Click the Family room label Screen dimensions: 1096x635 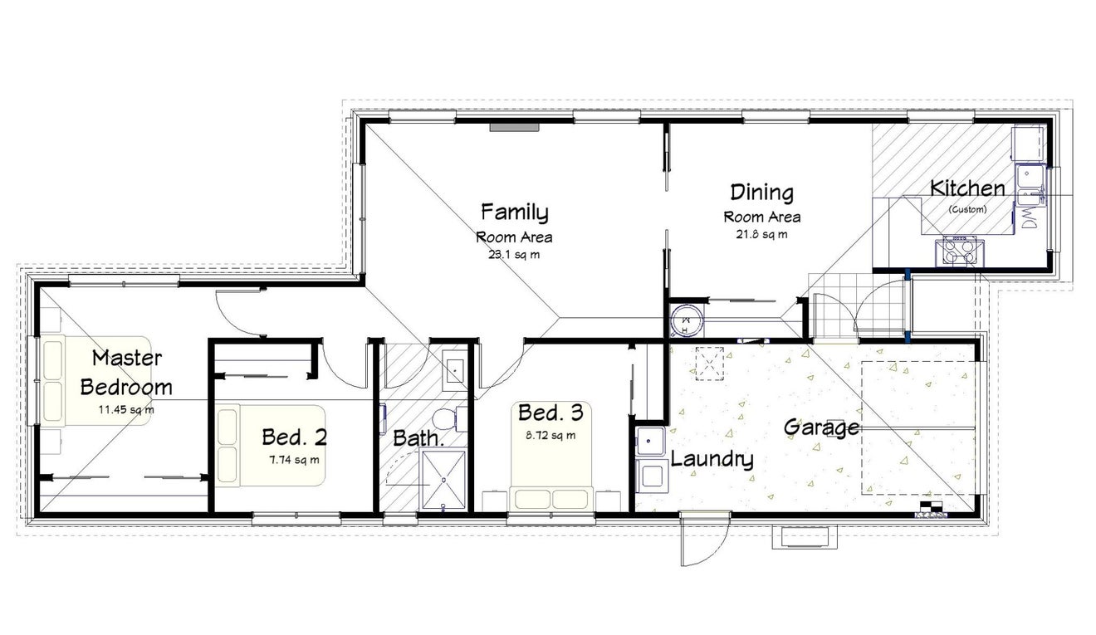tap(514, 212)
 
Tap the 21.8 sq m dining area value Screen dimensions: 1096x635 tap(762, 234)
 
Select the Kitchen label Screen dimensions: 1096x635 tap(967, 188)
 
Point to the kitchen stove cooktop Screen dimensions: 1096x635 tap(959, 251)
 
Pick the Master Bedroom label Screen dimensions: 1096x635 tap(126, 373)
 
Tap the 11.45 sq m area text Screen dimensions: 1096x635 tap(126, 410)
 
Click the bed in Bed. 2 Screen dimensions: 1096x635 tap(271, 445)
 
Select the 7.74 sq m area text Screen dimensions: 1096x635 tap(294, 460)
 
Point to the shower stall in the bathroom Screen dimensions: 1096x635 tap(443, 480)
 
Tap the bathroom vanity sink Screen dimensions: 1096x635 tap(454, 371)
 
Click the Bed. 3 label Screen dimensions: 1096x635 tap(550, 413)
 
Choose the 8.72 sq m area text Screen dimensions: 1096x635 tap(550, 435)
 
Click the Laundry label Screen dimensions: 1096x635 tap(712, 459)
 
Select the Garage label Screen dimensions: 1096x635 tap(821, 427)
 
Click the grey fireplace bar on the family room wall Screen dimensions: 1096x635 tap(515, 127)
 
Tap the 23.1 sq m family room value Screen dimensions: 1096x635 tap(514, 255)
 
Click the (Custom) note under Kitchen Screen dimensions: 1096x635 tap(967, 209)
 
